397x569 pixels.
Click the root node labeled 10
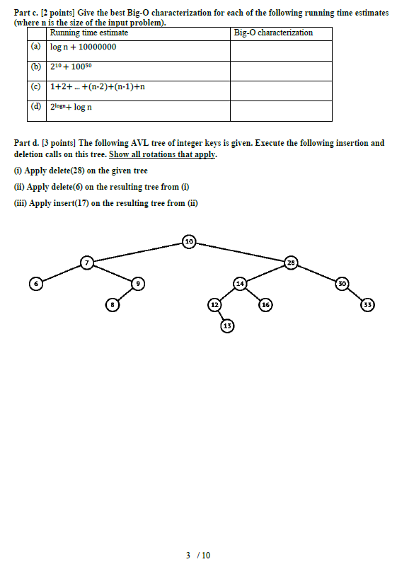[x=188, y=242]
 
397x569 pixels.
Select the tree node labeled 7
[x=87, y=263]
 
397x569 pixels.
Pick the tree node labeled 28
[x=291, y=263]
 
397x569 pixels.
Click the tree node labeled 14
[x=240, y=283]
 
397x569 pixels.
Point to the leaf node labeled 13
[x=227, y=326]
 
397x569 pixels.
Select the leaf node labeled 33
[x=367, y=305]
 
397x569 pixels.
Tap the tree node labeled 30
[x=343, y=283]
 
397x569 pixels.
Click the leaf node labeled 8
[x=112, y=305]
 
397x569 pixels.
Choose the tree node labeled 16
[x=265, y=305]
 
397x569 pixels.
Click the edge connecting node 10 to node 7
[x=137, y=253]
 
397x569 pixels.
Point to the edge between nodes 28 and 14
[x=265, y=273]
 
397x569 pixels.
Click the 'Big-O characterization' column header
[x=273, y=33]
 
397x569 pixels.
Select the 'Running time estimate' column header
[x=89, y=33]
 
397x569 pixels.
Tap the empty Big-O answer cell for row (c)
[x=281, y=91]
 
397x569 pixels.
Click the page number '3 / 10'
[x=198, y=555]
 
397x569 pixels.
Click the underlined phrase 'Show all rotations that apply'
[x=163, y=154]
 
